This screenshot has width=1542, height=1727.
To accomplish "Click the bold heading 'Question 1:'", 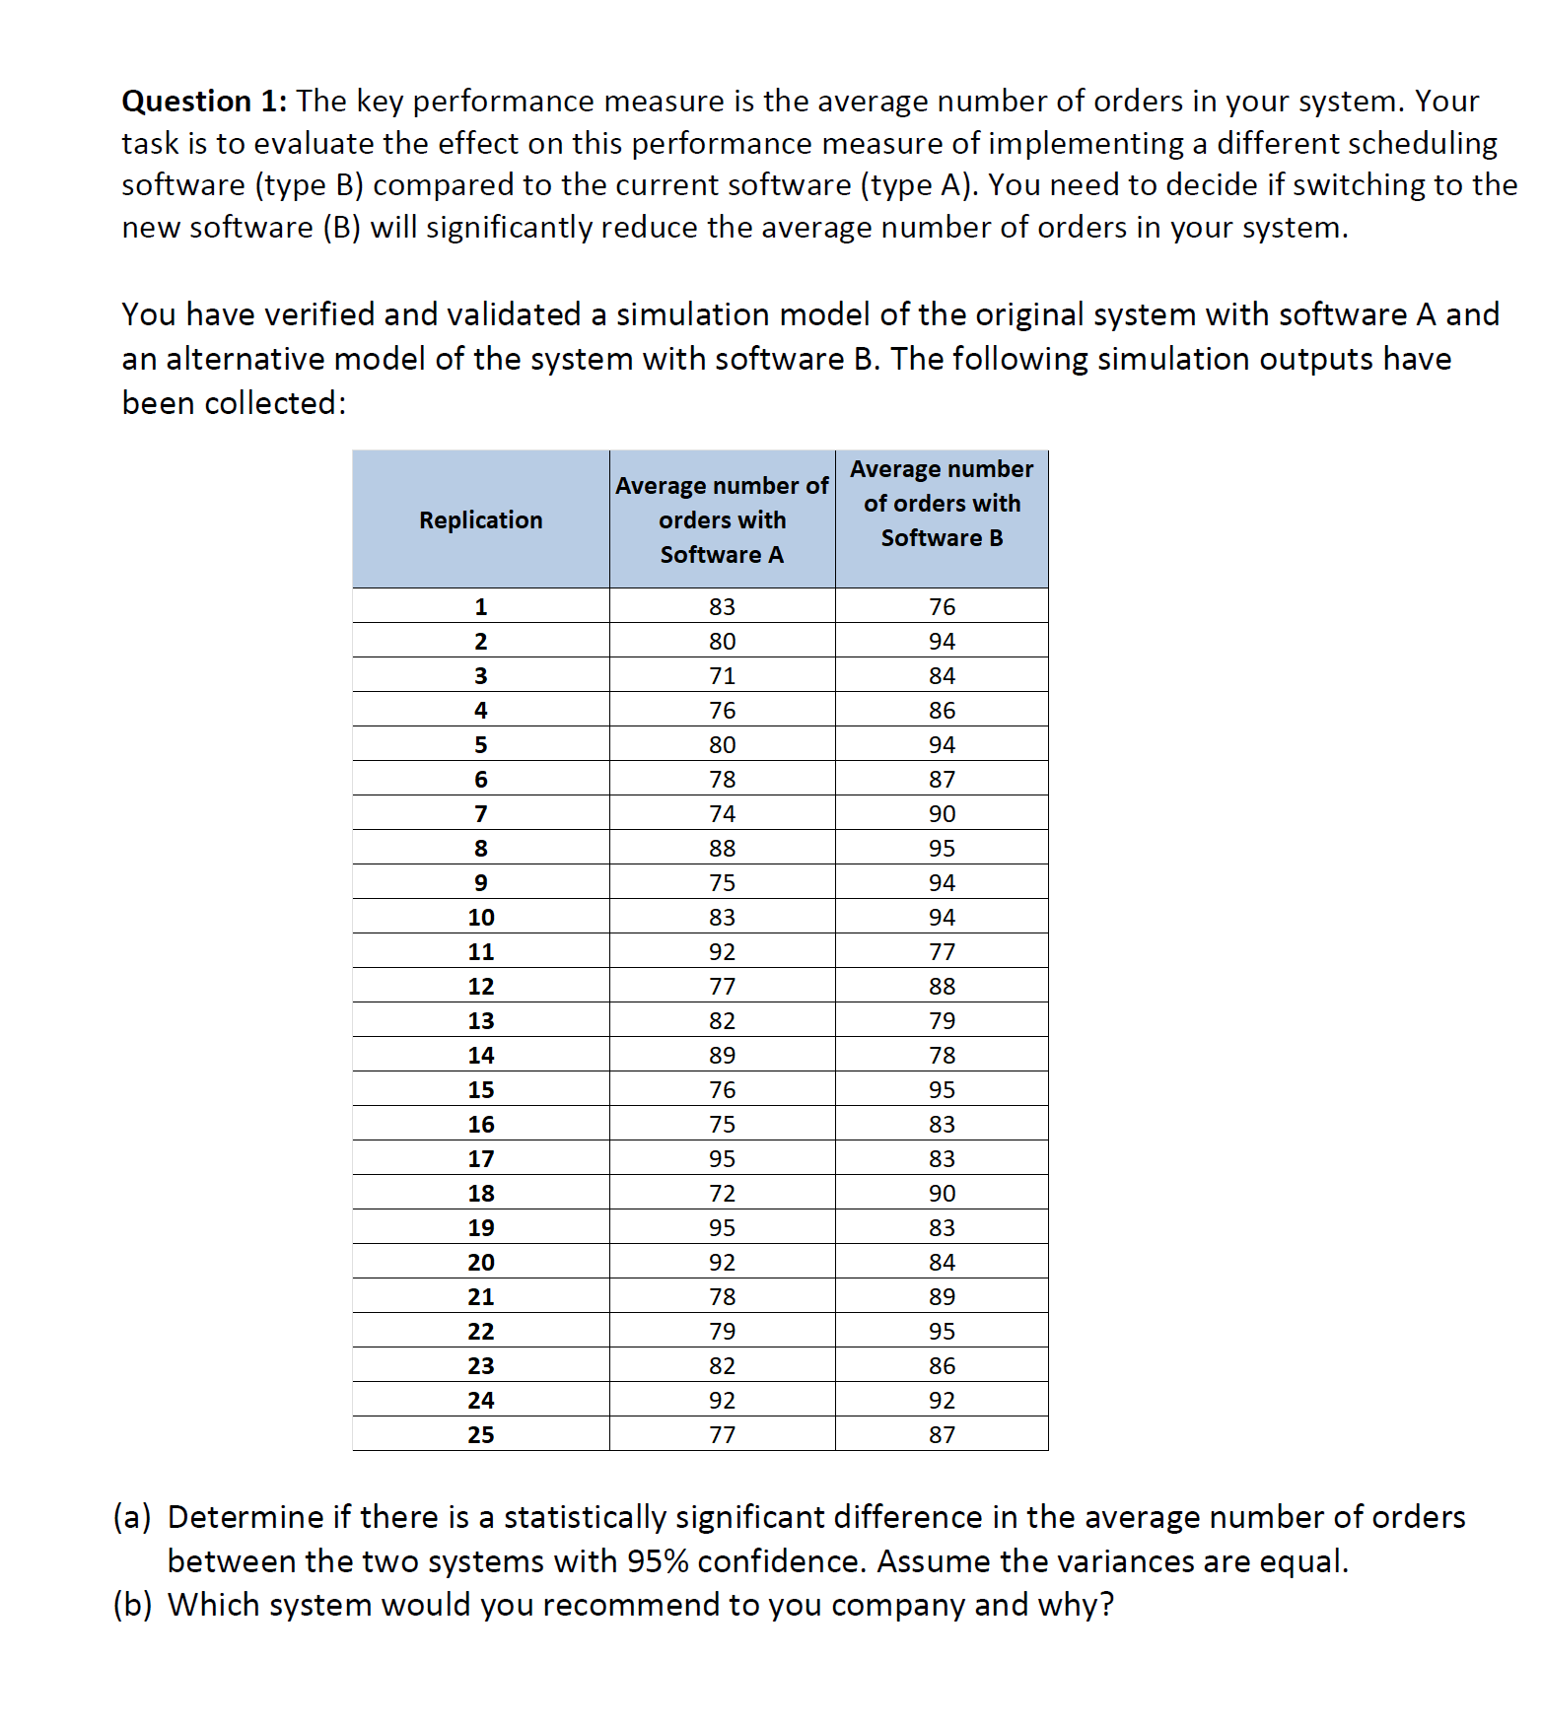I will (x=204, y=102).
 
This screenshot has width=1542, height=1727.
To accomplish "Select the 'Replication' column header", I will (x=480, y=520).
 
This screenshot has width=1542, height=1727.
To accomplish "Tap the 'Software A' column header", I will (x=722, y=520).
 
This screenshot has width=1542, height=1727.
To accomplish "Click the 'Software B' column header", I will (x=942, y=504).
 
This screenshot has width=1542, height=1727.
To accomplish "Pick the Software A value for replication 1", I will (x=722, y=607).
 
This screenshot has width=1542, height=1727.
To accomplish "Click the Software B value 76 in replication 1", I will (x=942, y=607).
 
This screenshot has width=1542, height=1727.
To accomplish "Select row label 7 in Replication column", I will (x=480, y=814).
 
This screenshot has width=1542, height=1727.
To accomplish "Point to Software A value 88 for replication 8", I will (x=722, y=849).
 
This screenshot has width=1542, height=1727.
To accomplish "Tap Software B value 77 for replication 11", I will (x=942, y=952).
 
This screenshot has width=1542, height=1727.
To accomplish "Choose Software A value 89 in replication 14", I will (x=722, y=1056).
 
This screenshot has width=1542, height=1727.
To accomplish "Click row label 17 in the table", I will (x=480, y=1159).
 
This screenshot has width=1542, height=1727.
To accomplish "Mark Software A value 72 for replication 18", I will (x=722, y=1194).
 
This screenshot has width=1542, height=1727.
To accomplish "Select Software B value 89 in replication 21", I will (x=942, y=1297).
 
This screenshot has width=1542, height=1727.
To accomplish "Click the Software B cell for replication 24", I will (x=942, y=1401).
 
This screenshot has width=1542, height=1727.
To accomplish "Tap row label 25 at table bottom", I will (x=480, y=1435).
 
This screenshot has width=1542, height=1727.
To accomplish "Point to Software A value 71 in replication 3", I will (x=722, y=676).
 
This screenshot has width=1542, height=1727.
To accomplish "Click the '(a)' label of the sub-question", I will (x=132, y=1517).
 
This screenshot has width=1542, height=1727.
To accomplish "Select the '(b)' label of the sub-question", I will (x=132, y=1605).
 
